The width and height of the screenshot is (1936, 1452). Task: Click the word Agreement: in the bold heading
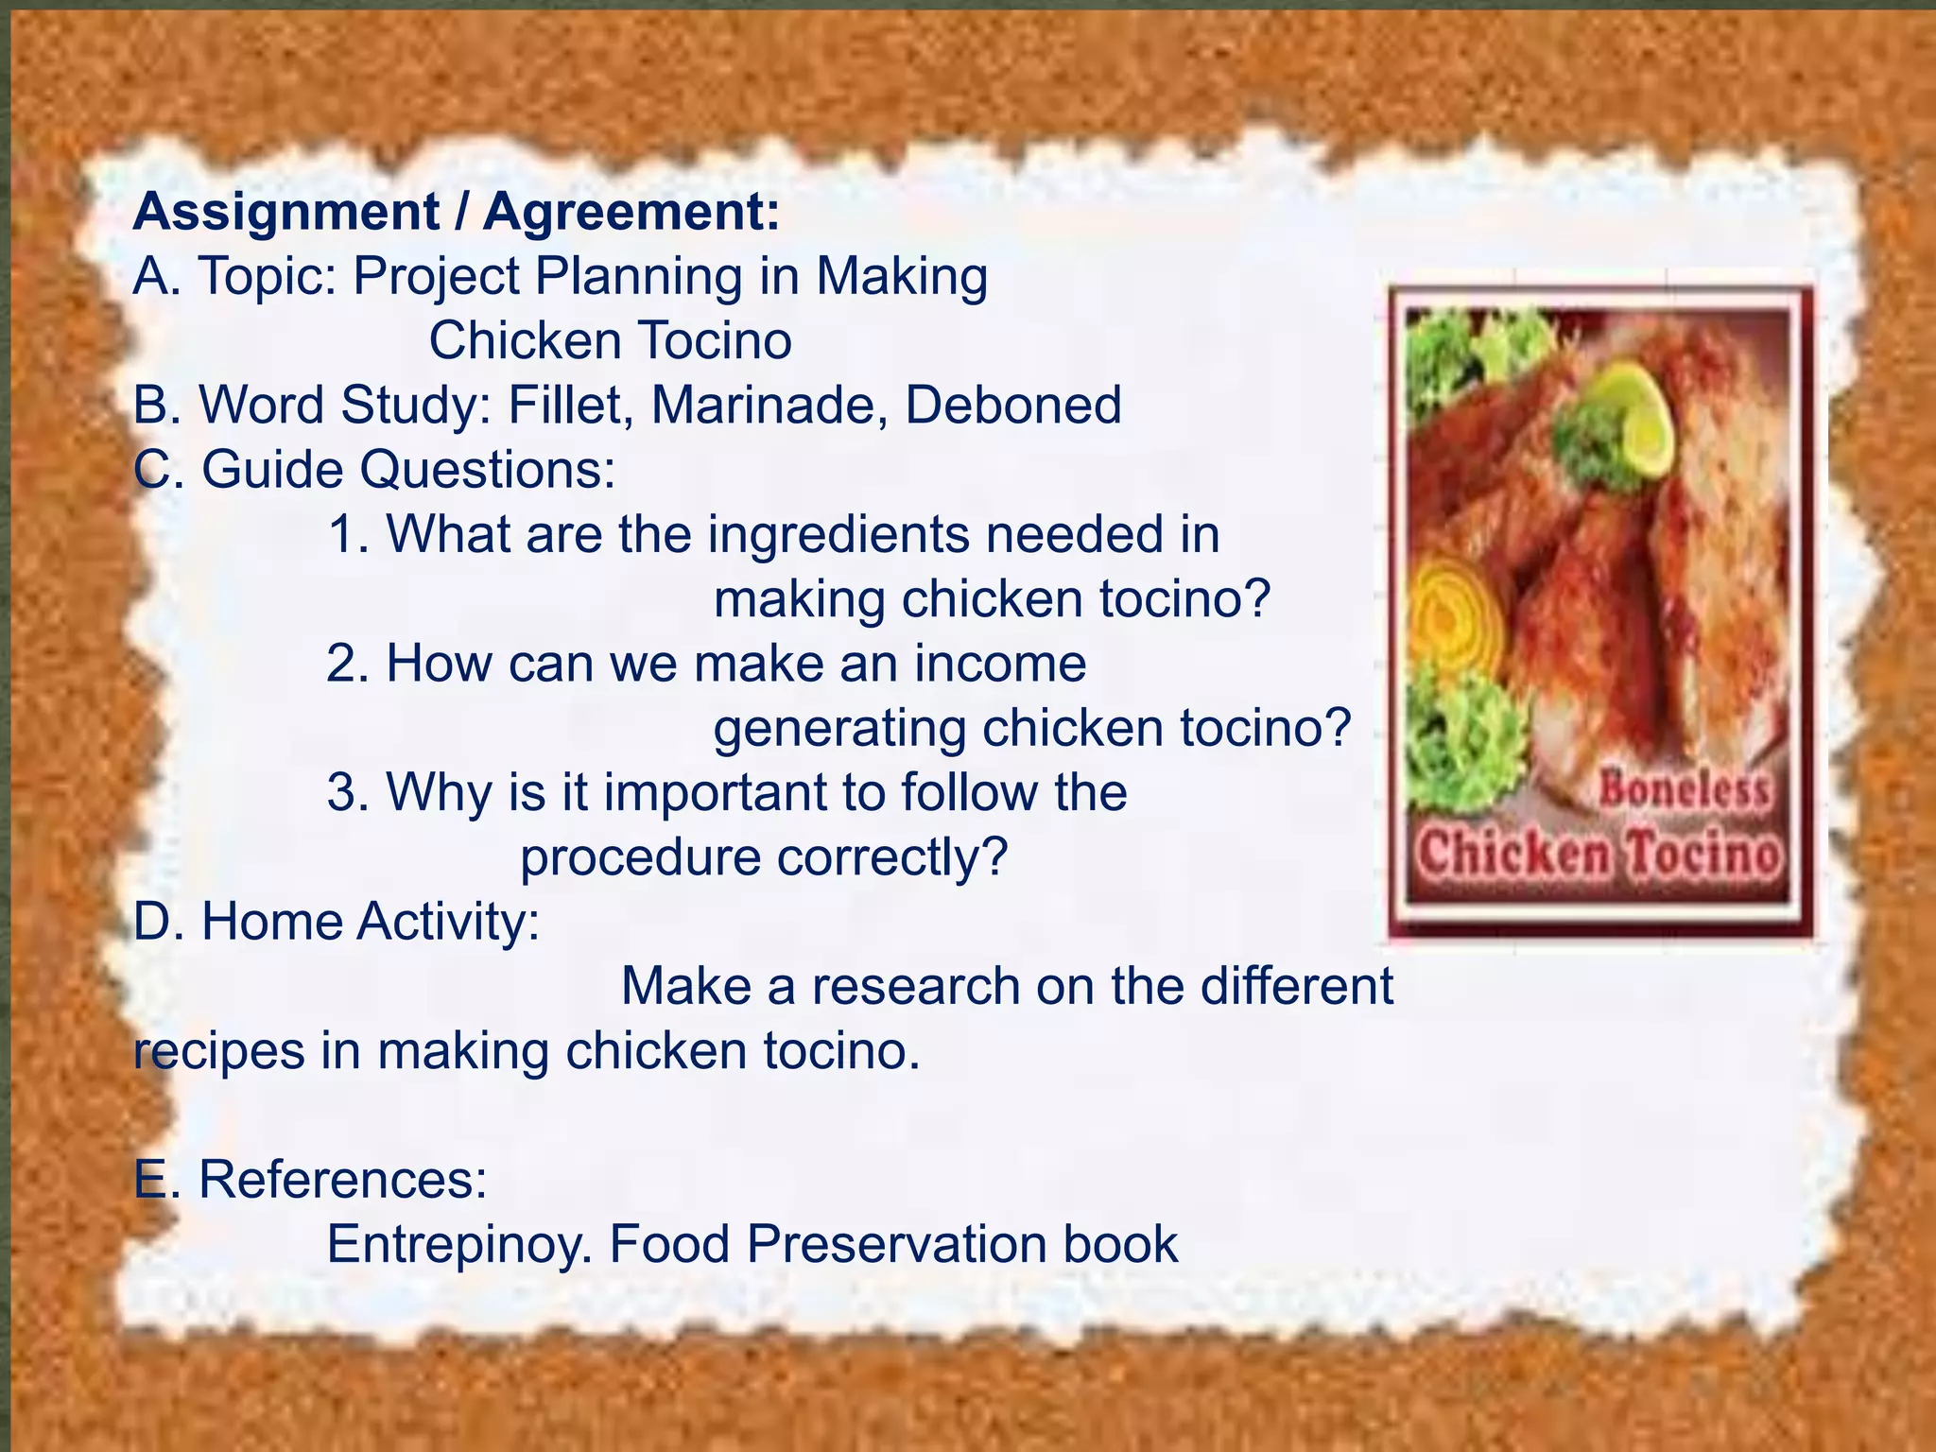tap(631, 213)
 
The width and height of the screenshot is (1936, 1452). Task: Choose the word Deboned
tap(1012, 406)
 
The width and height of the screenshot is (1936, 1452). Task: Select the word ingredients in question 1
tap(838, 534)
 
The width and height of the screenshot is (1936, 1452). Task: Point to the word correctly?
tap(892, 858)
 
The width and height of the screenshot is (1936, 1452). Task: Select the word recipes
tap(218, 1051)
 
